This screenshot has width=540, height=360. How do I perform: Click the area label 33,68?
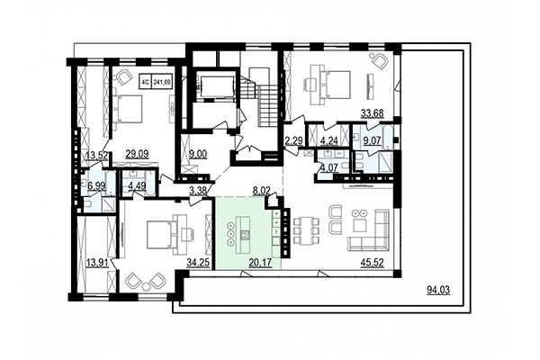click(x=372, y=112)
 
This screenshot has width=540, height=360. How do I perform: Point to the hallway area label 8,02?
click(x=260, y=190)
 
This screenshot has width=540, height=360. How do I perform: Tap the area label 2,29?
click(x=293, y=140)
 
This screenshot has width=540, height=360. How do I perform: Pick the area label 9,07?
click(x=372, y=139)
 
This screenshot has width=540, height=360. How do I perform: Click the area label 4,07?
click(x=328, y=166)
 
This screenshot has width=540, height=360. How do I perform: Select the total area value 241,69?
click(x=163, y=82)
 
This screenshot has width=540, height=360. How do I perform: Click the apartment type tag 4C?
click(x=146, y=82)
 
